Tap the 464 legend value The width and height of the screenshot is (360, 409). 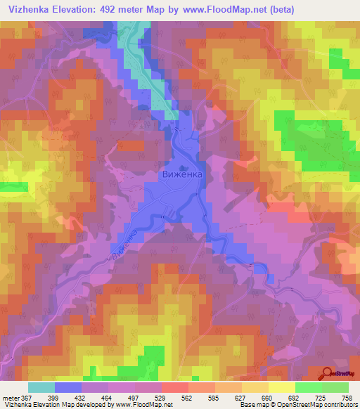pyautogui.click(x=108, y=398)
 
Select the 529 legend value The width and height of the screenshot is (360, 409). pyautogui.click(x=161, y=398)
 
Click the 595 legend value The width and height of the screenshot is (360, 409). pyautogui.click(x=214, y=398)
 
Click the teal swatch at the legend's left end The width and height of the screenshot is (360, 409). pyautogui.click(x=41, y=387)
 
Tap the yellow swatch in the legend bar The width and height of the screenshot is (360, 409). pyautogui.click(x=281, y=387)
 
